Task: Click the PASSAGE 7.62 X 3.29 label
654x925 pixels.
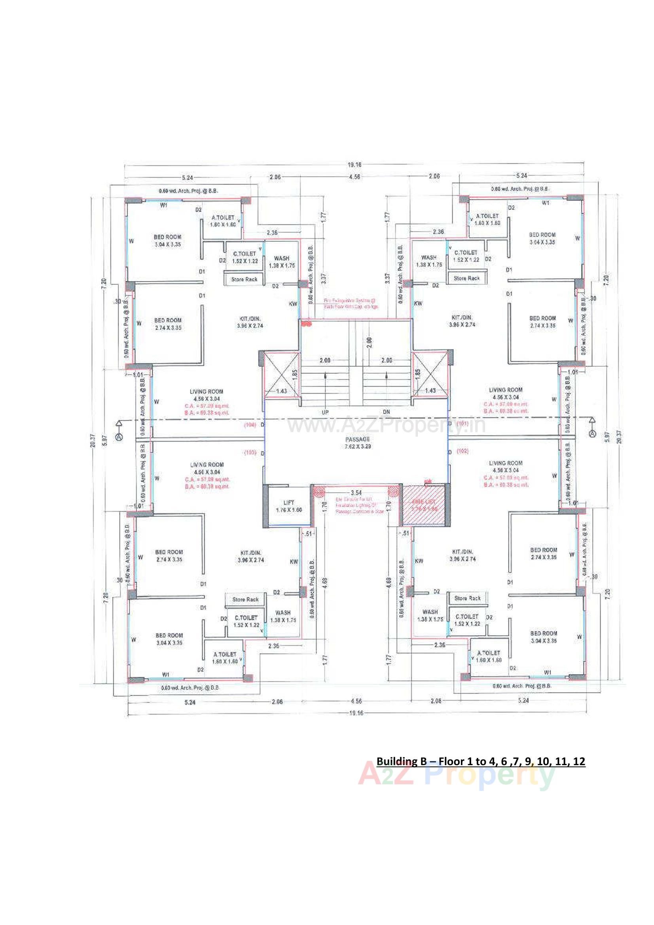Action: [357, 443]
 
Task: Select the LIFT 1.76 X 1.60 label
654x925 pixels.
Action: [288, 506]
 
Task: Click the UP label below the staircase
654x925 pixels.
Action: [325, 413]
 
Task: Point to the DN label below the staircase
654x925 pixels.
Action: [386, 412]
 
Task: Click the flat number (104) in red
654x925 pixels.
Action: [250, 424]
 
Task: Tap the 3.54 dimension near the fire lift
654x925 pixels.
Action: [356, 492]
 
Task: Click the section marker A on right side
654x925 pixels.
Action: [592, 434]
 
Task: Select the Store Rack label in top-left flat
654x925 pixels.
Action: [244, 279]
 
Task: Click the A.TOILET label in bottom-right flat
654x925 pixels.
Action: [488, 653]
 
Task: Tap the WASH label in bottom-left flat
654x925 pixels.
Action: [283, 612]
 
